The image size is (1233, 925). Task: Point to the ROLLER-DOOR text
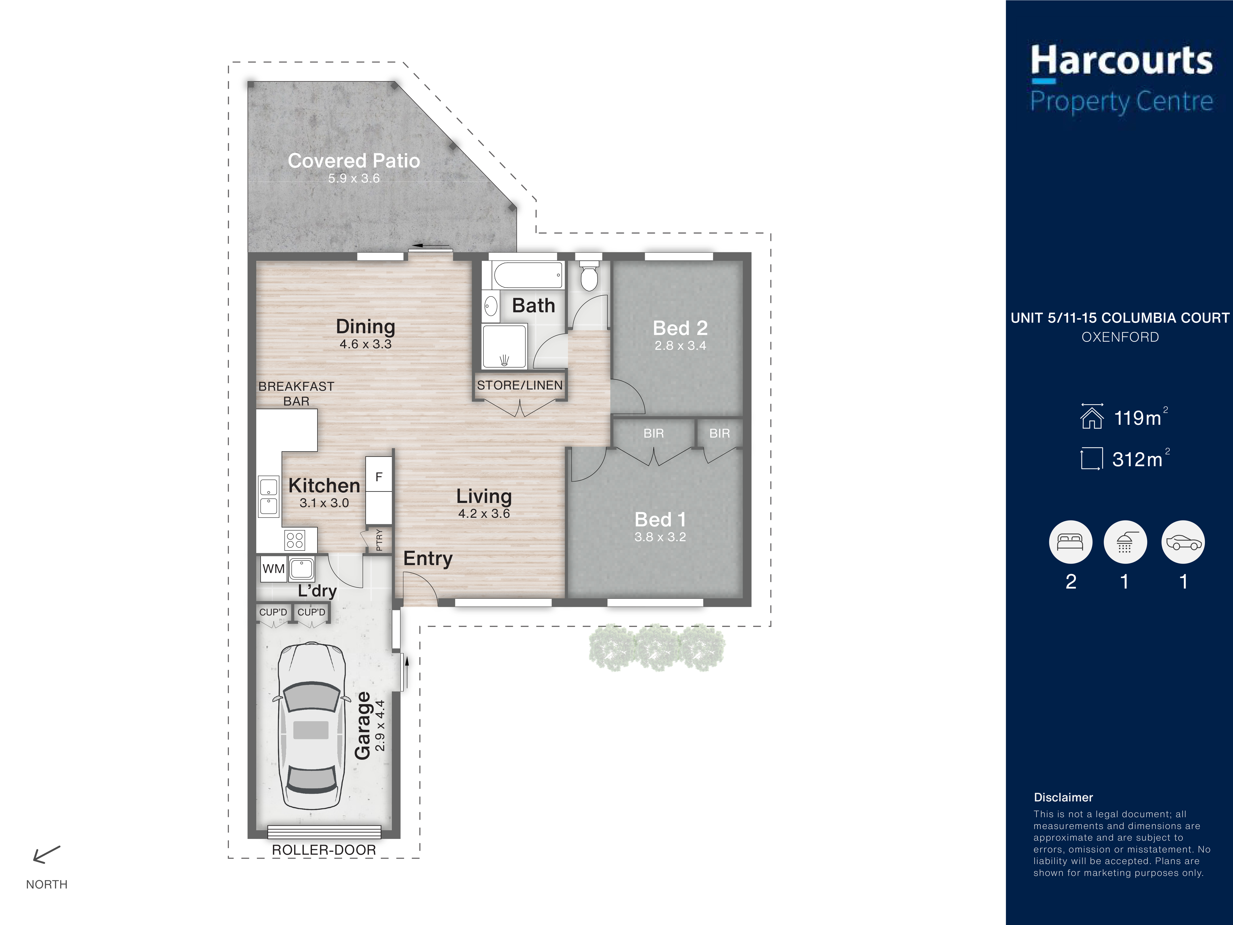(324, 850)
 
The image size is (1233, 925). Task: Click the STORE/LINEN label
(520, 385)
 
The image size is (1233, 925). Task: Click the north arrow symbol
(46, 854)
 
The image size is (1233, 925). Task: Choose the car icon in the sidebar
(1183, 542)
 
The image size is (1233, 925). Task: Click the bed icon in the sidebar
(1070, 542)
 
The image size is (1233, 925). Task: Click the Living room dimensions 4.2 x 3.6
(484, 514)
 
